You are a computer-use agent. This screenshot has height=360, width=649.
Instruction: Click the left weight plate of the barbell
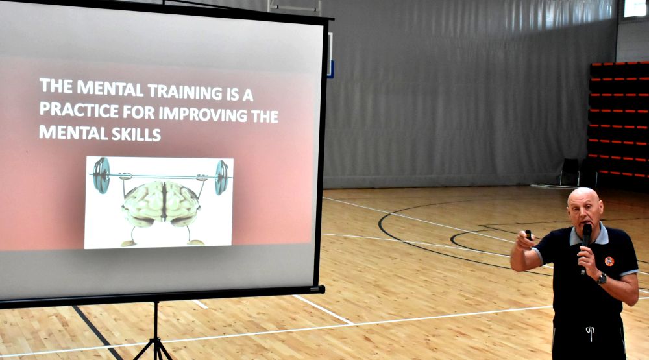coord(101,175)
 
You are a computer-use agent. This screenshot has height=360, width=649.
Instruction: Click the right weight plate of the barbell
coord(221,178)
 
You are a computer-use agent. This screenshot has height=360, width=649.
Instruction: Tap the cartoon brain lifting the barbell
coord(162,204)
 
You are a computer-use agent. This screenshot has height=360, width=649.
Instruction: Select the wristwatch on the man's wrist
coord(602,278)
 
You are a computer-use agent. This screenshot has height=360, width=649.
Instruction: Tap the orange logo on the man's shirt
coord(609,261)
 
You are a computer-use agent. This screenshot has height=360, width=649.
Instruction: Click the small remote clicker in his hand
coord(528,235)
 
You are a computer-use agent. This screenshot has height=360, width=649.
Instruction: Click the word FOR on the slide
coord(139,112)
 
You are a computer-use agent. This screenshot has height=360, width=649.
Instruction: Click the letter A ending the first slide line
coord(247,95)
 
